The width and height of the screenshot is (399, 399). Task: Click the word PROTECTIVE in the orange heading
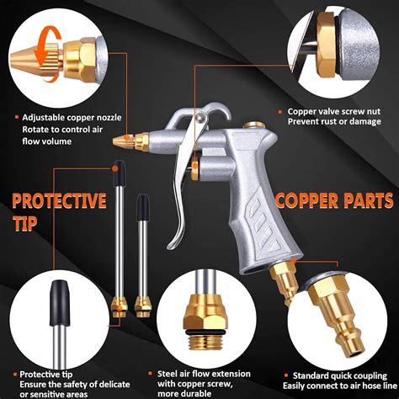58,201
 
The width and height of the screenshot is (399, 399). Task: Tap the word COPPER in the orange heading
312,201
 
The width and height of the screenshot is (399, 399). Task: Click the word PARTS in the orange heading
370,201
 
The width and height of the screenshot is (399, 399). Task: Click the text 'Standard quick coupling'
337,375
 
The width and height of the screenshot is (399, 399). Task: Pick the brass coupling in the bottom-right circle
337,311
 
